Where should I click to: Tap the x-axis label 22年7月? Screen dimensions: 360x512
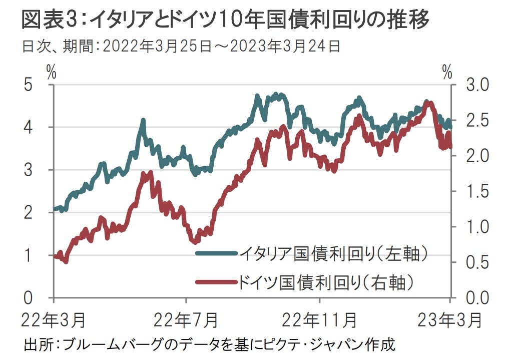click(186, 318)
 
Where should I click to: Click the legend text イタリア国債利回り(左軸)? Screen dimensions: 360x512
click(335, 253)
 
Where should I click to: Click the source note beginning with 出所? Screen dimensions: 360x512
click(210, 345)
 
